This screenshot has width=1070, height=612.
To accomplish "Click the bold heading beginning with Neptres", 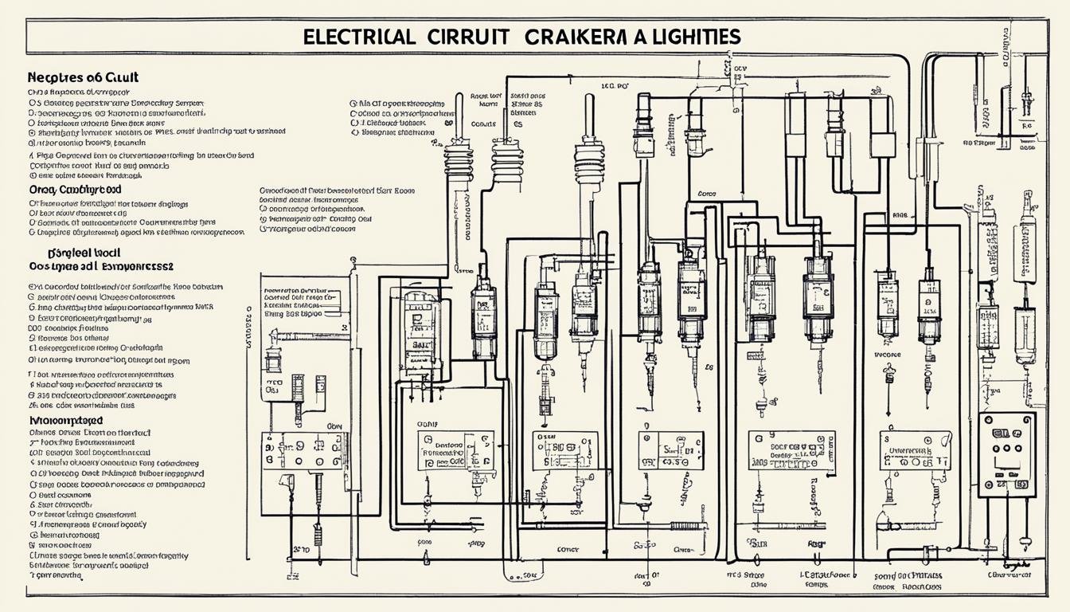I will click(x=83, y=77).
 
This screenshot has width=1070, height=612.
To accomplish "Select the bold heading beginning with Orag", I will click(x=75, y=190).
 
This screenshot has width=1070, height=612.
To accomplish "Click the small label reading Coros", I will click(x=706, y=194).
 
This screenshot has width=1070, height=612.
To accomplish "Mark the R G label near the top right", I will click(x=1026, y=125).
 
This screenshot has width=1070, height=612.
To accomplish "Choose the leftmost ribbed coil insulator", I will click(x=459, y=160).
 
